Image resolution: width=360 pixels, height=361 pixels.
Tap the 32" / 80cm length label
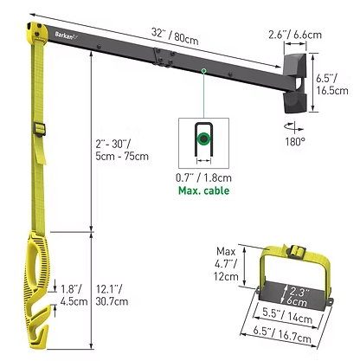(175, 36)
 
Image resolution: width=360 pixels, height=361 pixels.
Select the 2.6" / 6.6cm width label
(295, 35)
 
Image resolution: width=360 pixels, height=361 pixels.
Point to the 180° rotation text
(295, 142)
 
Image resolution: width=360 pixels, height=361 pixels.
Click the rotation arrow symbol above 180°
(294, 127)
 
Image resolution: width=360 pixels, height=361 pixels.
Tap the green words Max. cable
(203, 190)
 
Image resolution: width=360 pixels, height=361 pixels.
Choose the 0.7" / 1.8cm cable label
(203, 177)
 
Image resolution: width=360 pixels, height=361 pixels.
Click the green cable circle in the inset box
(203, 139)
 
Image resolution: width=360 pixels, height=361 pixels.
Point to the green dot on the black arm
(203, 70)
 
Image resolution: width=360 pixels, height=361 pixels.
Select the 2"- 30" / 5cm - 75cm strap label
(122, 151)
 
